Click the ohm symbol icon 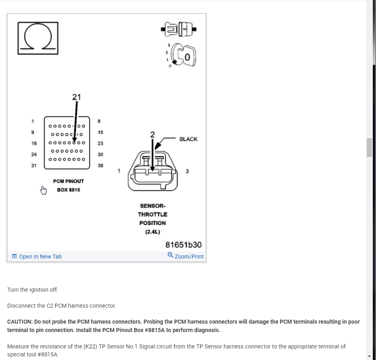coord(38,38)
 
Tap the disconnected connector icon coord(179,29)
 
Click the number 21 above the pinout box coord(76,97)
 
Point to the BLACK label coord(188,139)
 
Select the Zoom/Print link coord(186,257)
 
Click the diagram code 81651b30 coord(184,245)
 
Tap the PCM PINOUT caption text coord(68,181)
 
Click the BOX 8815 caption coord(68,190)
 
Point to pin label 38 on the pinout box coord(100,165)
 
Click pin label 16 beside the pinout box coord(34,143)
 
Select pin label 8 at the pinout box coord(99,121)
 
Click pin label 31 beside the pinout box coord(34,165)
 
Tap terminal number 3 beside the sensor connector coord(187,171)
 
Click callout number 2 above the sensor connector coord(152,135)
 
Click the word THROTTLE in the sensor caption coord(152,215)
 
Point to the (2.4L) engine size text coord(152,232)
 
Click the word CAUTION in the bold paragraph coord(20,322)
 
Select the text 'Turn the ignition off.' coord(32,289)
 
